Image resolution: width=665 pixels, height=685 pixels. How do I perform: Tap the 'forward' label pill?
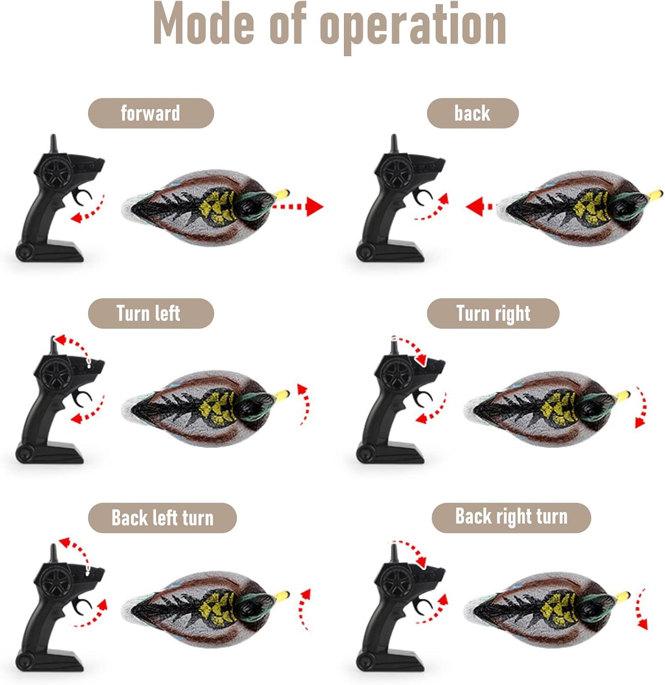pyautogui.click(x=151, y=113)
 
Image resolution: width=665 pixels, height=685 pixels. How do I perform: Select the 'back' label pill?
pyautogui.click(x=473, y=113)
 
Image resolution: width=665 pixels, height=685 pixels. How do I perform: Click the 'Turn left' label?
pyautogui.click(x=151, y=313)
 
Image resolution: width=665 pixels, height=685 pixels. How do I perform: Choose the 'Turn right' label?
pyautogui.click(x=493, y=313)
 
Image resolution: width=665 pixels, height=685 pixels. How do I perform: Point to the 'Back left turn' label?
pyautogui.click(x=162, y=518)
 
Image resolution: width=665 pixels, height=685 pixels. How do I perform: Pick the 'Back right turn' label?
pyautogui.click(x=512, y=517)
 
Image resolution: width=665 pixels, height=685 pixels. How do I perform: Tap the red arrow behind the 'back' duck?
pyautogui.click(x=480, y=206)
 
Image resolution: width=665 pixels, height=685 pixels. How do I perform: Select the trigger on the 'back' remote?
pyautogui.click(x=422, y=197)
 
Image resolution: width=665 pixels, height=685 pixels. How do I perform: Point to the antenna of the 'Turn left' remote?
pyautogui.click(x=53, y=346)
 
